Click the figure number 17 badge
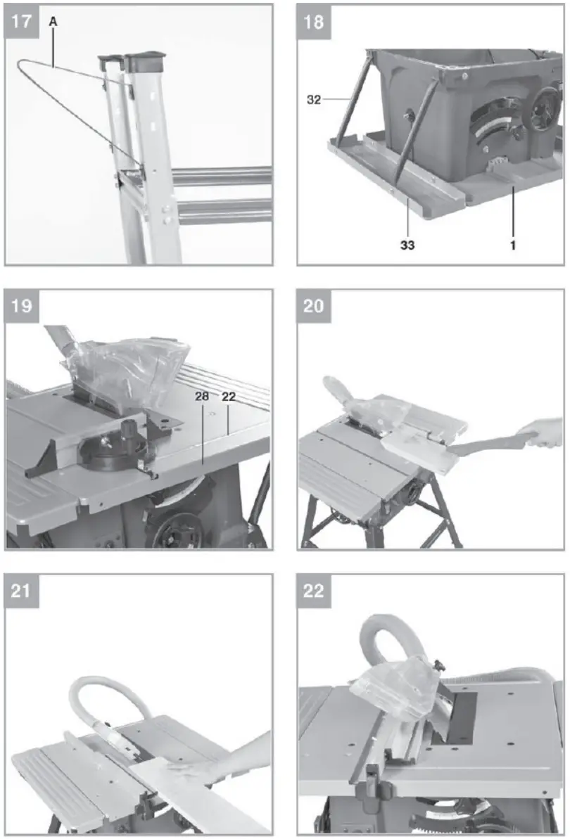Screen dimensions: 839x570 tap(21, 20)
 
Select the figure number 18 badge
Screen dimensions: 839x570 tap(313, 20)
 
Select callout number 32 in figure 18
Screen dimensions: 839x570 tap(314, 100)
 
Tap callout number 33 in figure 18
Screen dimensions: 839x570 tap(407, 245)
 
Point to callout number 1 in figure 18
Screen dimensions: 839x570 tap(512, 245)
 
